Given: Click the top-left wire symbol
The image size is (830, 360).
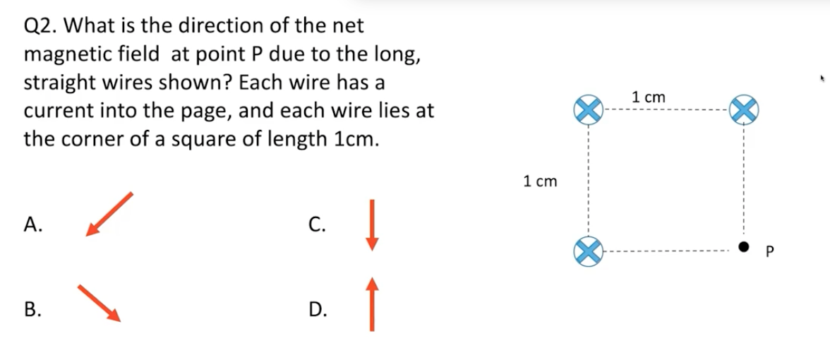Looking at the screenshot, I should (x=588, y=109).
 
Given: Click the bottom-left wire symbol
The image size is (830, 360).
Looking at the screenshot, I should (x=588, y=248).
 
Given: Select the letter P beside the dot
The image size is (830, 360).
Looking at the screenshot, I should (x=770, y=250).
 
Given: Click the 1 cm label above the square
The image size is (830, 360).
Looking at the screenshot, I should (x=649, y=97).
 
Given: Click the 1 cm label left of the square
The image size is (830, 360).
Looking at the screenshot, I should (x=540, y=181).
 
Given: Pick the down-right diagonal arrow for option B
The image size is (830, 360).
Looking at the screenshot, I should (x=100, y=302).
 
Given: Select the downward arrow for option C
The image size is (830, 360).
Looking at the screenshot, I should (x=373, y=225).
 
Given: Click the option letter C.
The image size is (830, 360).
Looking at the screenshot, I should (x=317, y=224).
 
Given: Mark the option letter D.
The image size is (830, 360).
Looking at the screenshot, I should (x=318, y=308).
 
